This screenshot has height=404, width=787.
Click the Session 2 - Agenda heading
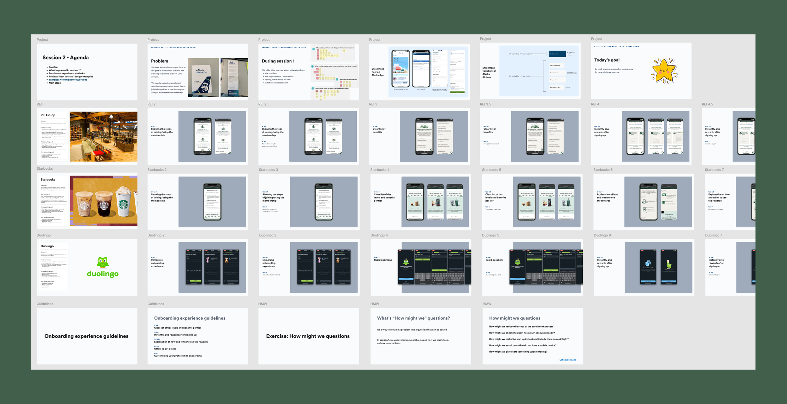(x=65, y=58)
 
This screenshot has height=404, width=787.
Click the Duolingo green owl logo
(x=103, y=262)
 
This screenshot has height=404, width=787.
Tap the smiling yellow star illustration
(x=664, y=71)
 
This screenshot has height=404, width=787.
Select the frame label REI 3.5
(x=485, y=104)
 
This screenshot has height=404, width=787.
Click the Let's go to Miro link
(x=568, y=360)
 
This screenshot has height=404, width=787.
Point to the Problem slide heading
(x=159, y=61)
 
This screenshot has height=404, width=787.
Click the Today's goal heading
(x=607, y=60)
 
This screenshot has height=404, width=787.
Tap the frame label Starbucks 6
(x=603, y=170)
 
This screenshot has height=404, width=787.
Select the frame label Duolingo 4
(x=379, y=235)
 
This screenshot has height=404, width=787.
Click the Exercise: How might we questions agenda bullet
(x=68, y=80)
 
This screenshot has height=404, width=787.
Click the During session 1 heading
(x=278, y=61)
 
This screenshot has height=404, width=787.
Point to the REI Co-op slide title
(x=48, y=115)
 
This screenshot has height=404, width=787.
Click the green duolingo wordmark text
(x=103, y=274)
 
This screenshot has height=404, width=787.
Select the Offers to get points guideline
(x=165, y=349)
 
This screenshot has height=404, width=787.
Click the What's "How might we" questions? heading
(x=413, y=318)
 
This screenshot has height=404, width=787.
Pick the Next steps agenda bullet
(x=55, y=83)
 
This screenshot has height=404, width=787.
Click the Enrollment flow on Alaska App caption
(x=377, y=72)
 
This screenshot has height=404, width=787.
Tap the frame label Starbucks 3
(x=268, y=170)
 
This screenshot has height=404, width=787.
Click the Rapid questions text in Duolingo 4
(x=383, y=260)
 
